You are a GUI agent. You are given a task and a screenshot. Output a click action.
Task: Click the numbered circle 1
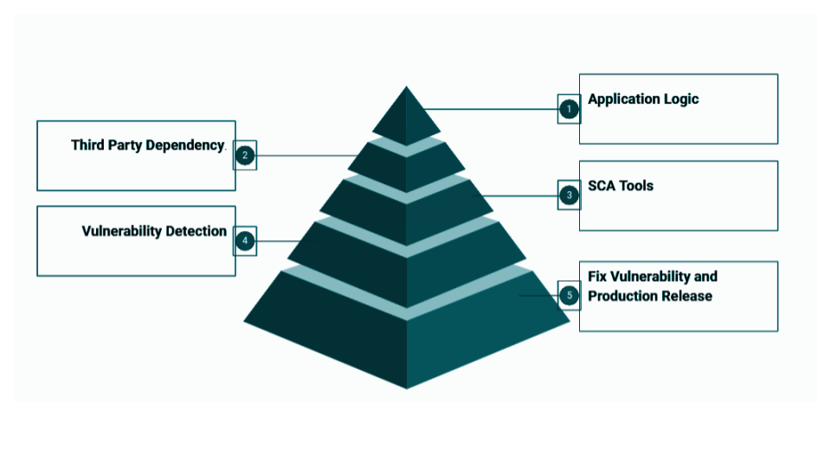coord(570,109)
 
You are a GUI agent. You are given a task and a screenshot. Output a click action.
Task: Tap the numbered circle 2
coord(245,155)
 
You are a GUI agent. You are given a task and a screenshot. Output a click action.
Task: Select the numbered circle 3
coord(570,195)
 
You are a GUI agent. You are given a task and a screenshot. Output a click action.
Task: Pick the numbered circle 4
coord(245,241)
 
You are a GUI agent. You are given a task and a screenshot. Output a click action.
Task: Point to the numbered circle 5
coord(570,296)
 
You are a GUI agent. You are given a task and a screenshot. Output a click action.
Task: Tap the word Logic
coord(681,99)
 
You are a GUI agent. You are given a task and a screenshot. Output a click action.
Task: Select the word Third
coord(87,145)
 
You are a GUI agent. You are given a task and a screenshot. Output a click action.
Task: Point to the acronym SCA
coord(602,186)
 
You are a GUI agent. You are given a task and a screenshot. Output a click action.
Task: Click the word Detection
coord(196,232)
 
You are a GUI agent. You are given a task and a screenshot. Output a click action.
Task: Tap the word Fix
coord(597,277)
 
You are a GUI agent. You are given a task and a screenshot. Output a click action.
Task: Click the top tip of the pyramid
coord(407,86)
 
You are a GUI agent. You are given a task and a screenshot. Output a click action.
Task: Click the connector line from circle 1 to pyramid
coord(492,109)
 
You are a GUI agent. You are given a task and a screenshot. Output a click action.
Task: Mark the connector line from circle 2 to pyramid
coord(306,156)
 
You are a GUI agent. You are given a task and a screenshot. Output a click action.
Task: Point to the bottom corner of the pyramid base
coord(407,388)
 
